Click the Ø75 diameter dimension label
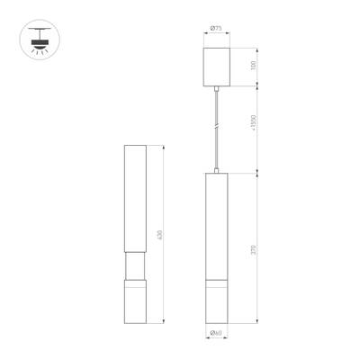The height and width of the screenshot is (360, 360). point(216,29)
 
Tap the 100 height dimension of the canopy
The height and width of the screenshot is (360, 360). point(255,66)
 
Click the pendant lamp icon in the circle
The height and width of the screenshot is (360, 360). point(39,40)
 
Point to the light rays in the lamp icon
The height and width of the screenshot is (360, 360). point(39,51)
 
